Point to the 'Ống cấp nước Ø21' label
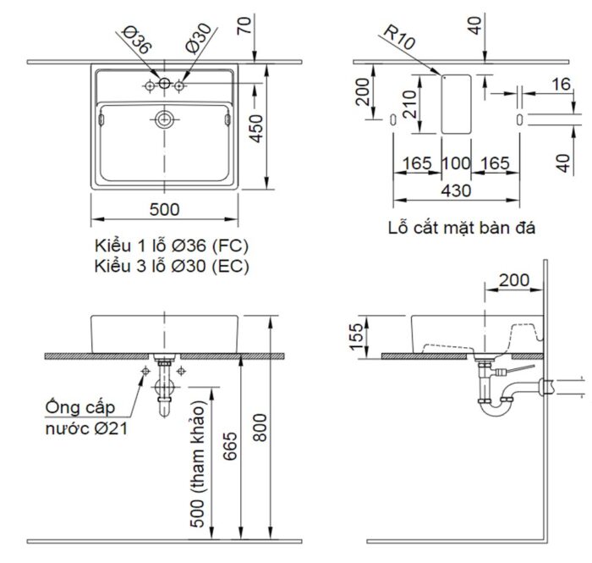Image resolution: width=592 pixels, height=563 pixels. coord(86,419)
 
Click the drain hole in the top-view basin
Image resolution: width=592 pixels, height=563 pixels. coord(164,119)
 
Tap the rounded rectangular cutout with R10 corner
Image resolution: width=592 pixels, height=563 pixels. coord(456,102)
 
